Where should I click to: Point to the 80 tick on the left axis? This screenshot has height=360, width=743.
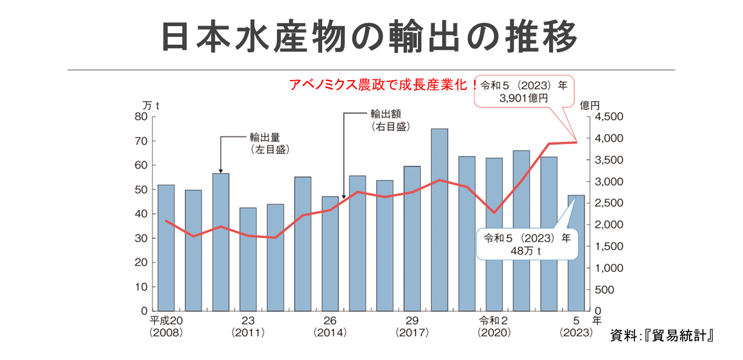click(x=141, y=117)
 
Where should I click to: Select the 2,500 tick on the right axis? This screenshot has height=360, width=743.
click(x=608, y=203)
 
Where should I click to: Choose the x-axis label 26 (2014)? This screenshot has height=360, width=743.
click(x=330, y=327)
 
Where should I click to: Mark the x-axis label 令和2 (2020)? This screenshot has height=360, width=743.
click(x=494, y=327)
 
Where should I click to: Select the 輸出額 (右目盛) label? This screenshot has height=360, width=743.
click(x=389, y=120)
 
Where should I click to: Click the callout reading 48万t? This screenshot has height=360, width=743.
click(x=528, y=244)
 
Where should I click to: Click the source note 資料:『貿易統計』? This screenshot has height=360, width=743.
click(x=661, y=336)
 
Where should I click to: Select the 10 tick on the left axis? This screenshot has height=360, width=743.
click(x=141, y=287)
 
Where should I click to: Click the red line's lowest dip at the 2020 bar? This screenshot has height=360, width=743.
click(x=494, y=213)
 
